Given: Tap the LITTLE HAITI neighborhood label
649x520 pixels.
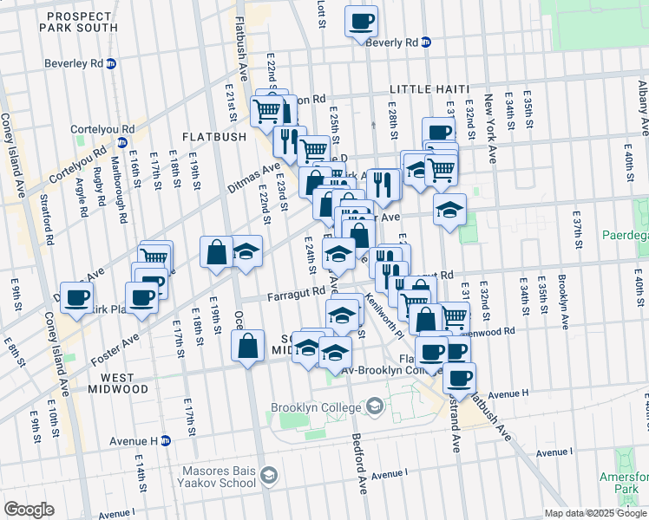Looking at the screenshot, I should click(x=429, y=89).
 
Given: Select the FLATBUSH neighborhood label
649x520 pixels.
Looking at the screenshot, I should click(x=215, y=136).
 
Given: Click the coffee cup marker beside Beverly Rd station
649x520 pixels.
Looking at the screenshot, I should click(x=361, y=21).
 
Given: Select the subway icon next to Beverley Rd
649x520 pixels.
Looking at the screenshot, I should click(x=112, y=63).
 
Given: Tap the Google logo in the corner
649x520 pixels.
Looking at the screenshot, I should click(x=29, y=510).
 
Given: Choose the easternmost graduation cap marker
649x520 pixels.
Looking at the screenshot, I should click(x=449, y=209).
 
